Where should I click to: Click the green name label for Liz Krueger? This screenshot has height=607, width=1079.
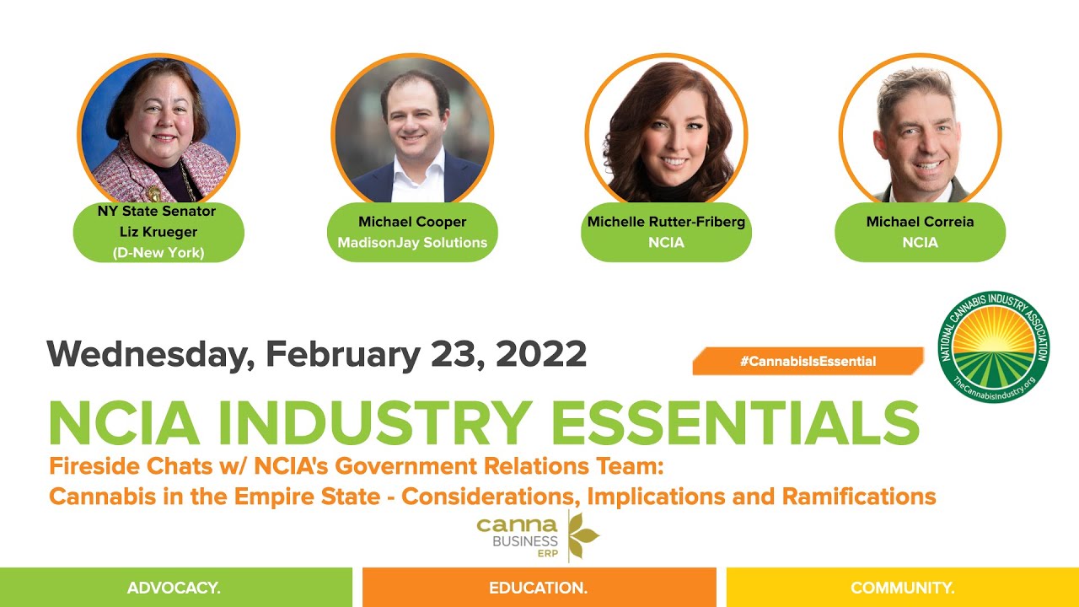coord(158,232)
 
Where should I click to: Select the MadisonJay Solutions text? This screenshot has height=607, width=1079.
coord(412,243)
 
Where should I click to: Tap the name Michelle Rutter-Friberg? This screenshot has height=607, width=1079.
coord(666,222)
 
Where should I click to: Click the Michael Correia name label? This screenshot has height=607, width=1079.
coord(920,222)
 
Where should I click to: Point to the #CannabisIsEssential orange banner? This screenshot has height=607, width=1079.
coord(808,361)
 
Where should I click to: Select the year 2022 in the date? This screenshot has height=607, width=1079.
coord(541,354)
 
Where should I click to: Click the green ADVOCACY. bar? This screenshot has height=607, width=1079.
coord(175,588)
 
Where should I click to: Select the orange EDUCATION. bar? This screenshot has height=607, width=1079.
coord(539,588)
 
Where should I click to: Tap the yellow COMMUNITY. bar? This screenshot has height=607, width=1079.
coord(902,588)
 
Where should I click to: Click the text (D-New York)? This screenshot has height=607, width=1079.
coord(158,252)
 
